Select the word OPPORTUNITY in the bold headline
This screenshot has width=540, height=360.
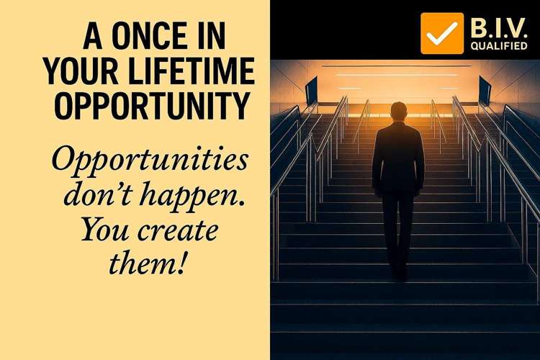[x=152, y=106]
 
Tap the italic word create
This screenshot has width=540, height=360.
[x=178, y=231]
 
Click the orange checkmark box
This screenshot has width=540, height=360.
[x=442, y=33]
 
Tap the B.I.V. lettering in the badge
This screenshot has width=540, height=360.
[x=499, y=28]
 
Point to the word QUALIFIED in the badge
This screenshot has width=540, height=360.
[x=499, y=46]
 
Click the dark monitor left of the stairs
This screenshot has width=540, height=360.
[x=311, y=91]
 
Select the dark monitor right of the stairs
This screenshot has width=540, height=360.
[x=485, y=91]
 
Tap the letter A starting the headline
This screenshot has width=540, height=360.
[x=93, y=35]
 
